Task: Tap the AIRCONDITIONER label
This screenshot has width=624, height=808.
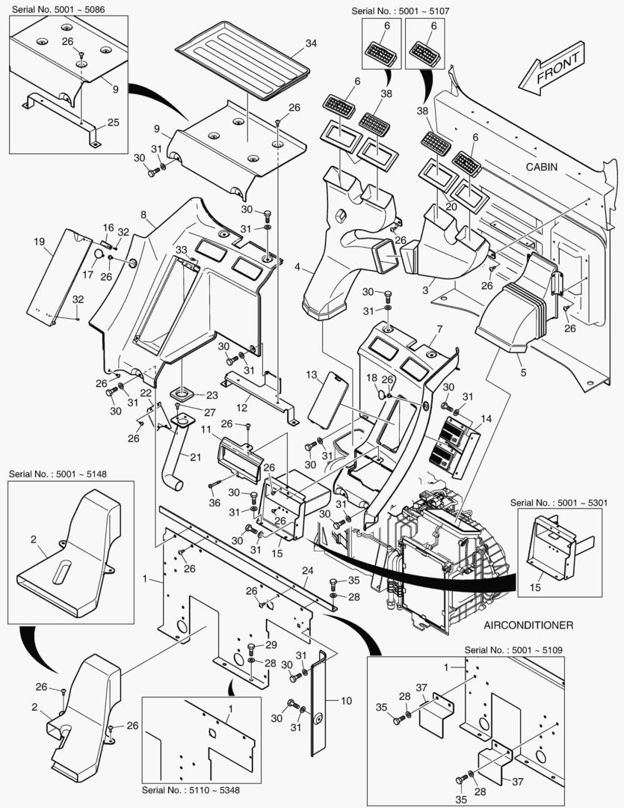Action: (x=528, y=625)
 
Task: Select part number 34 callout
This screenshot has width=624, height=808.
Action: (x=310, y=43)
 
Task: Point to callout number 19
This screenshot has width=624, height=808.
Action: (x=40, y=241)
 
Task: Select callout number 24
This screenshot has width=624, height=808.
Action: (x=306, y=571)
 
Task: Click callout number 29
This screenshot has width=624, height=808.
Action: (x=271, y=645)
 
